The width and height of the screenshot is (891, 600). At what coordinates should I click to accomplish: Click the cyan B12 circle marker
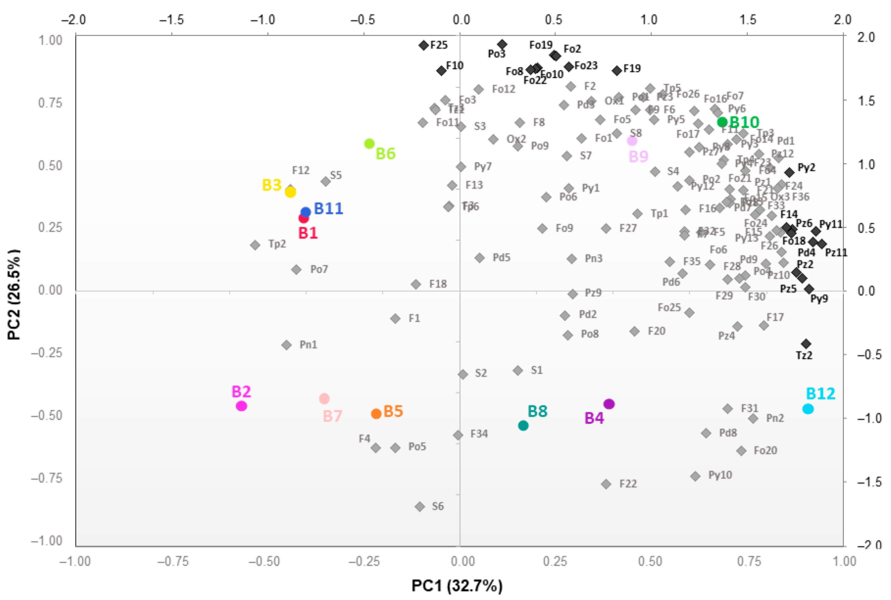point(808,409)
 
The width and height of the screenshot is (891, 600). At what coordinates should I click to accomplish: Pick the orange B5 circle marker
point(376,414)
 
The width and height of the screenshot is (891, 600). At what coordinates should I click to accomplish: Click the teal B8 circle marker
point(523,425)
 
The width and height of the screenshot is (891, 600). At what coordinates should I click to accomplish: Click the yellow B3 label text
point(272,185)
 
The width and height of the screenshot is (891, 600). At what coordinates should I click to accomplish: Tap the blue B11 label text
point(328,208)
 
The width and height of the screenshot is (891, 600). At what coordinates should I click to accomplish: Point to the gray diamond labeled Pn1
point(286,345)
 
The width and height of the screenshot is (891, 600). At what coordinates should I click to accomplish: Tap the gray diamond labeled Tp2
point(255,245)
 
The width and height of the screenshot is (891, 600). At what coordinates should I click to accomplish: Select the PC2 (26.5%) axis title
point(14,295)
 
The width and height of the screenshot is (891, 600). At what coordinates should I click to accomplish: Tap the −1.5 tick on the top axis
point(171,20)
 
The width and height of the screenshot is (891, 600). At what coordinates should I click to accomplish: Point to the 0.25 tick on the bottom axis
point(555,561)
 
